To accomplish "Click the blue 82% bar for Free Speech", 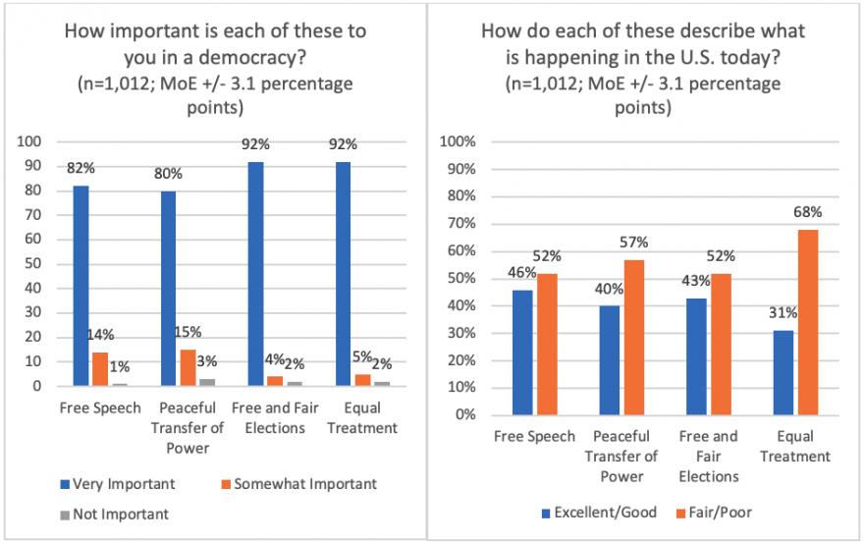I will tap(81, 286).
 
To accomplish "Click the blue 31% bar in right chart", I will tap(783, 372).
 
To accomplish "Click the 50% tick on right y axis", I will tap(460, 279).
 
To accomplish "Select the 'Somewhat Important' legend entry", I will tap(312, 483).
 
